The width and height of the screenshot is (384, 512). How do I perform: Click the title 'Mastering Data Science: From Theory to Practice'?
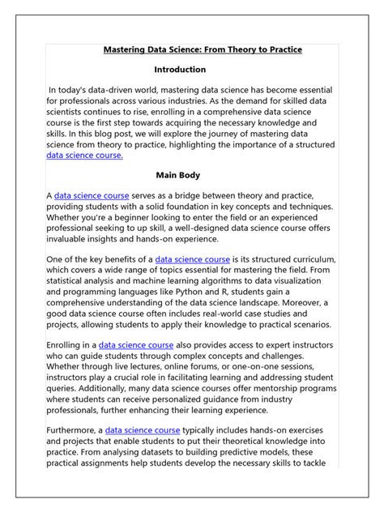[203, 49]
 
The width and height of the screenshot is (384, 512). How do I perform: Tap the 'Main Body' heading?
[179, 174]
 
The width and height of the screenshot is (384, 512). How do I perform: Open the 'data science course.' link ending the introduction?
[85, 155]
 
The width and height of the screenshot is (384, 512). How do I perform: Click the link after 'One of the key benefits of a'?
[193, 259]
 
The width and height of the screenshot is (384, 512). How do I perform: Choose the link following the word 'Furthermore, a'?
[142, 430]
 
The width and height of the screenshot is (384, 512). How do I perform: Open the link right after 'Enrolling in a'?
[137, 344]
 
